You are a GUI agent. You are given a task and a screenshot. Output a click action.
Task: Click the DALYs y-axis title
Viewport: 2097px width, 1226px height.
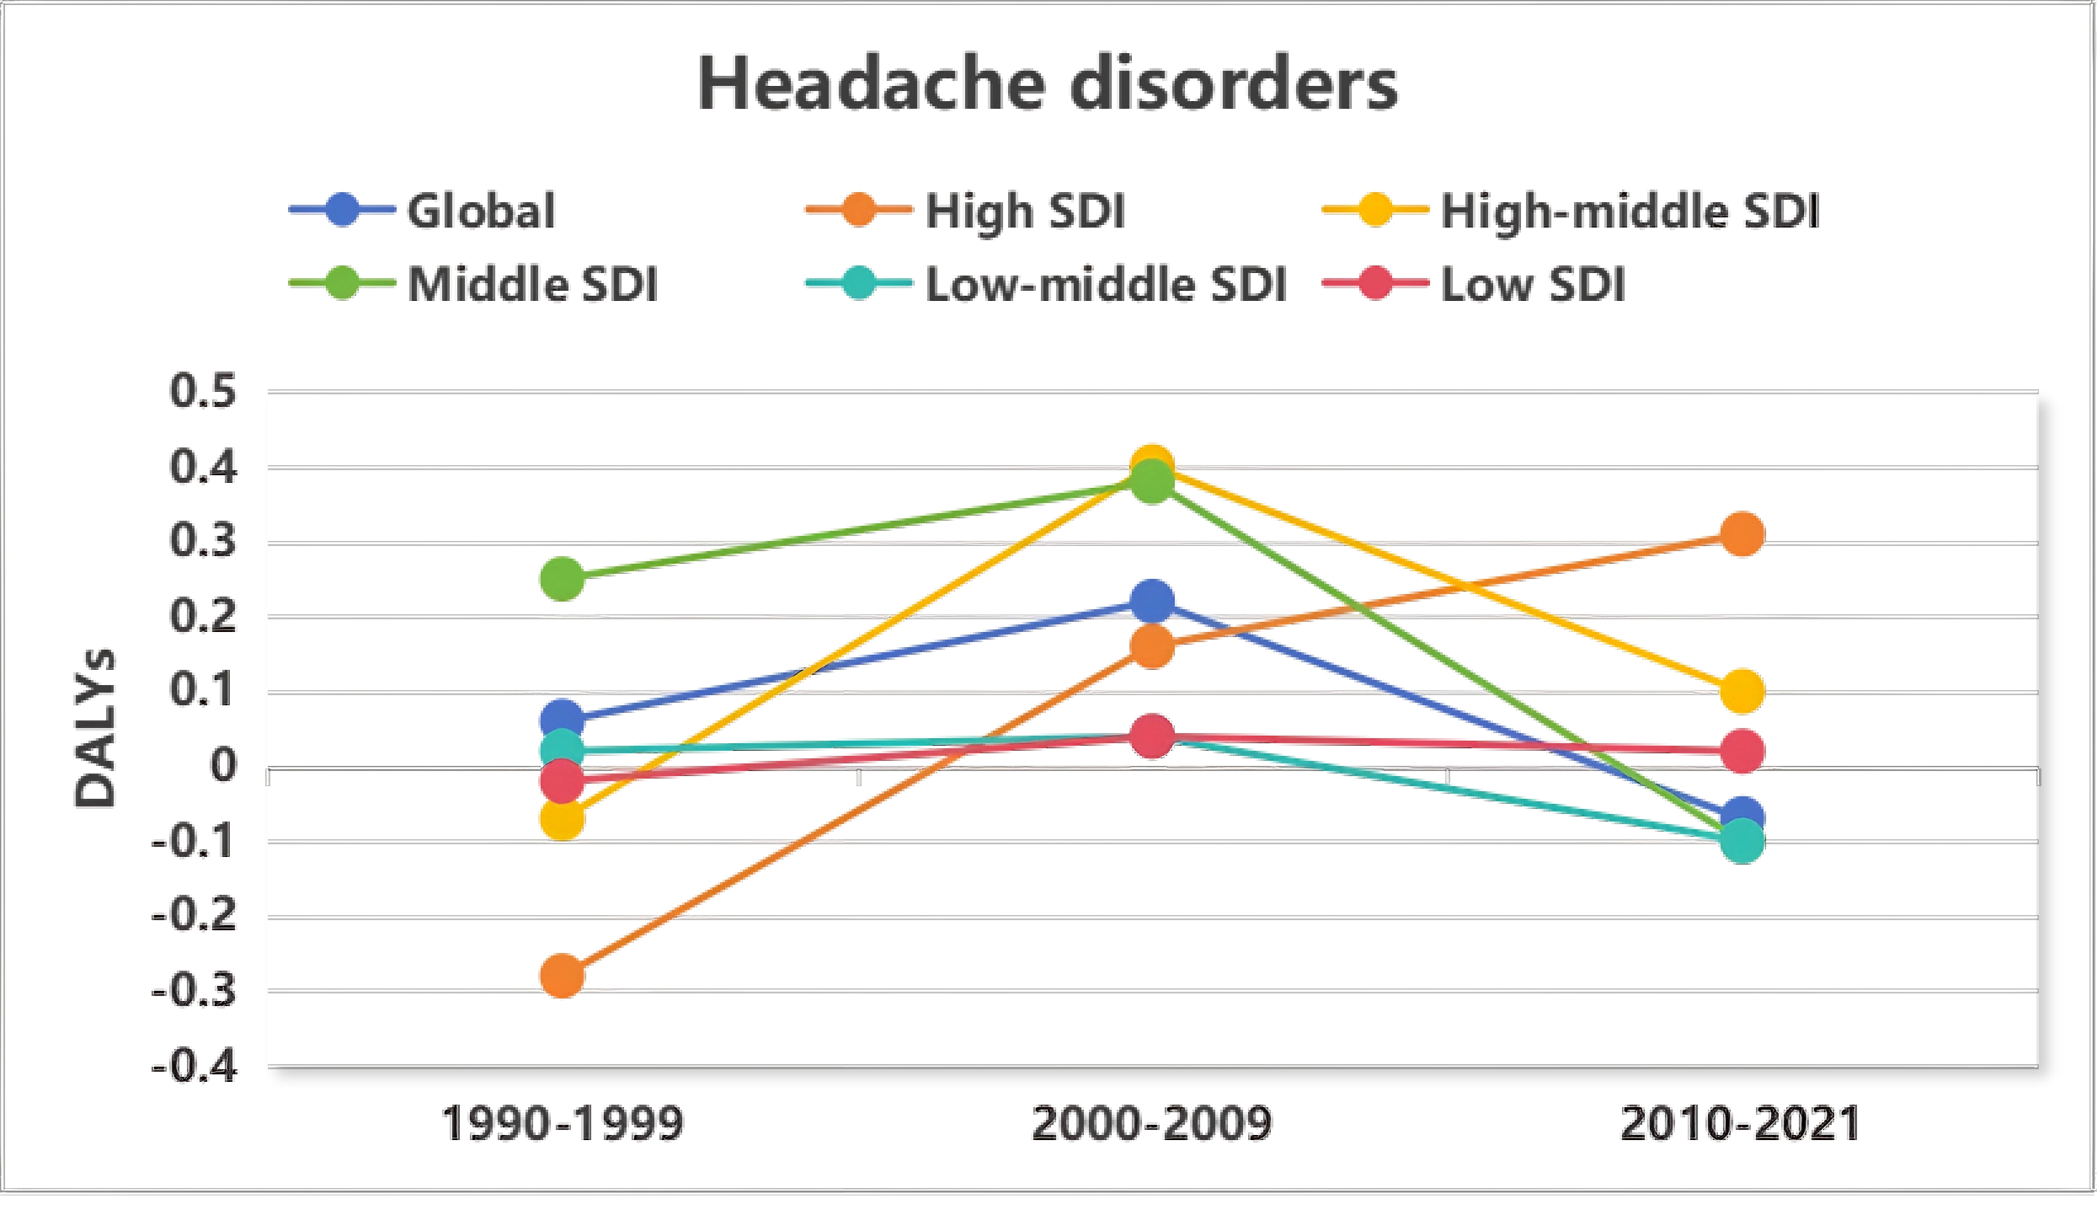click(x=94, y=728)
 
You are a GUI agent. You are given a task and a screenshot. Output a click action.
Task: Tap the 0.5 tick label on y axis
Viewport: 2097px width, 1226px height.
click(x=203, y=391)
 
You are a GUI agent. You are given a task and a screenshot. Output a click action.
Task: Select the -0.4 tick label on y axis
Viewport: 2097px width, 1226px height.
click(x=195, y=1066)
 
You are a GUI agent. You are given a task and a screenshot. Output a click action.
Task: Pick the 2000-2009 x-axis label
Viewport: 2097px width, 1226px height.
click(x=1151, y=1124)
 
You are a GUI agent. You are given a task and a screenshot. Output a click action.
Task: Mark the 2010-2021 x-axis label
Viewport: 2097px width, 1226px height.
click(x=1741, y=1124)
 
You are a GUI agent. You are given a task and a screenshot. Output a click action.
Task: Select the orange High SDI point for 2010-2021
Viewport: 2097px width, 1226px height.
click(x=1741, y=533)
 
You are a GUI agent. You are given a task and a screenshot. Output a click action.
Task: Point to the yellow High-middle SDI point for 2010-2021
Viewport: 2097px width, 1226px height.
click(x=1741, y=691)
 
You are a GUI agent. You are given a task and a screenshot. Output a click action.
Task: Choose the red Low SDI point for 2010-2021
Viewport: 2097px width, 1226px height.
click(x=1741, y=751)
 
